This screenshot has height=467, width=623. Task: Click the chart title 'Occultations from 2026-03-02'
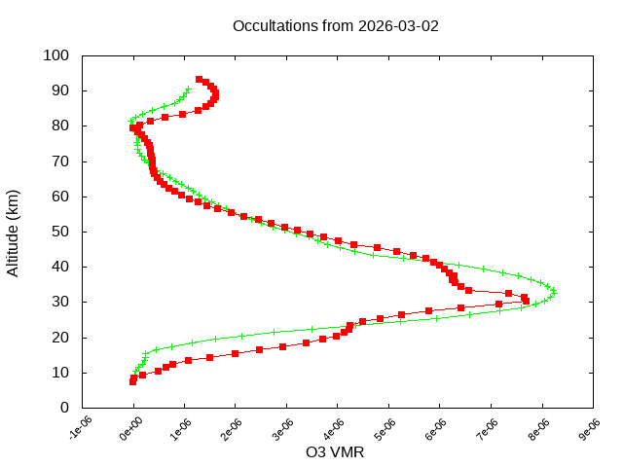click(336, 25)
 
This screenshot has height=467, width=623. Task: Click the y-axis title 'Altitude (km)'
click(14, 232)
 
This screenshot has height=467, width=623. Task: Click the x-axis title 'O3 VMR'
click(336, 452)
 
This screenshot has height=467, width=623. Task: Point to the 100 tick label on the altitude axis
click(56, 55)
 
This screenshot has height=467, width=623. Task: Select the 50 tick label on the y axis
click(60, 232)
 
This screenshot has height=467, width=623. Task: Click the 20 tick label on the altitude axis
click(60, 338)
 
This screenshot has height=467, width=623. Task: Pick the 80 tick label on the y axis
click(60, 126)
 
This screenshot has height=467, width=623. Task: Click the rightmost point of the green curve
click(554, 291)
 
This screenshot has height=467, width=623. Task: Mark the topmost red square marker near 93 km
click(199, 79)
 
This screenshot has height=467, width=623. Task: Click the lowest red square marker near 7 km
click(132, 381)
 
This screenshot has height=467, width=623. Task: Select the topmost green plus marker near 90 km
click(188, 90)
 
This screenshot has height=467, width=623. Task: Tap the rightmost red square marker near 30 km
click(526, 300)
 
